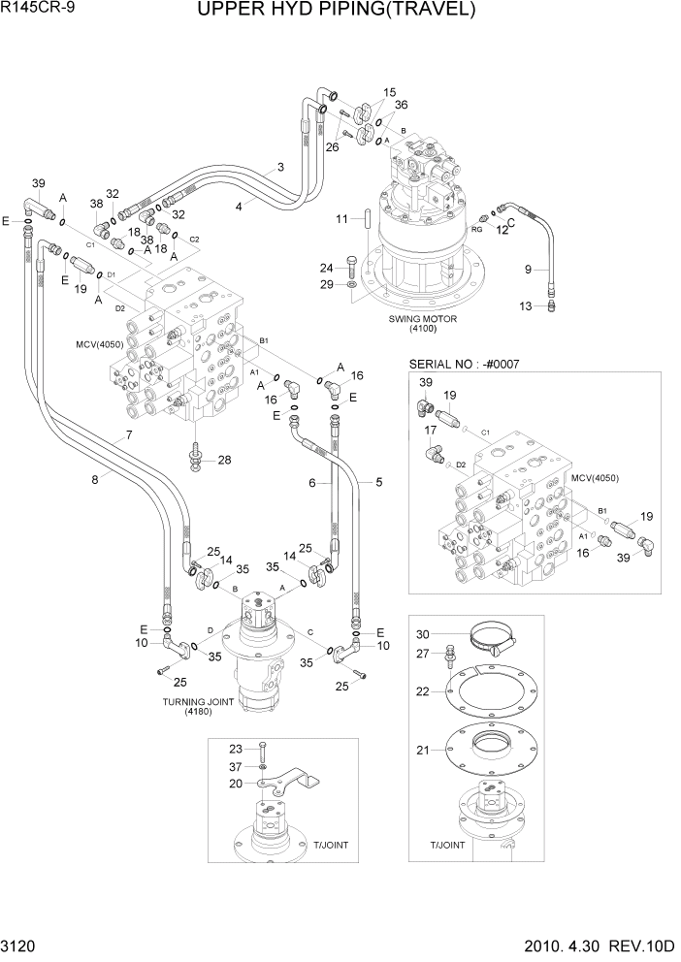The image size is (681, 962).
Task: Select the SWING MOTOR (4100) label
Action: tap(422, 323)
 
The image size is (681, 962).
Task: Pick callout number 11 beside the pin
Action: tap(341, 220)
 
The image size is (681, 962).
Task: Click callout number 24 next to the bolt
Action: tap(327, 268)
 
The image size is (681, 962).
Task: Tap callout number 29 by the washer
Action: tap(327, 283)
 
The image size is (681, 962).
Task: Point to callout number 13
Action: tap(526, 306)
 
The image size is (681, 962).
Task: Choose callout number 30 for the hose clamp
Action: tap(423, 634)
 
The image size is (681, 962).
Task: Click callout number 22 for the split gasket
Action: tap(423, 691)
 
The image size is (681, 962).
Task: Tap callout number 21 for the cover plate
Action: tap(423, 751)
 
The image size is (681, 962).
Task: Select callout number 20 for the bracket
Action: tap(236, 784)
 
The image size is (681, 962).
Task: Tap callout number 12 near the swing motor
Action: tap(503, 229)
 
